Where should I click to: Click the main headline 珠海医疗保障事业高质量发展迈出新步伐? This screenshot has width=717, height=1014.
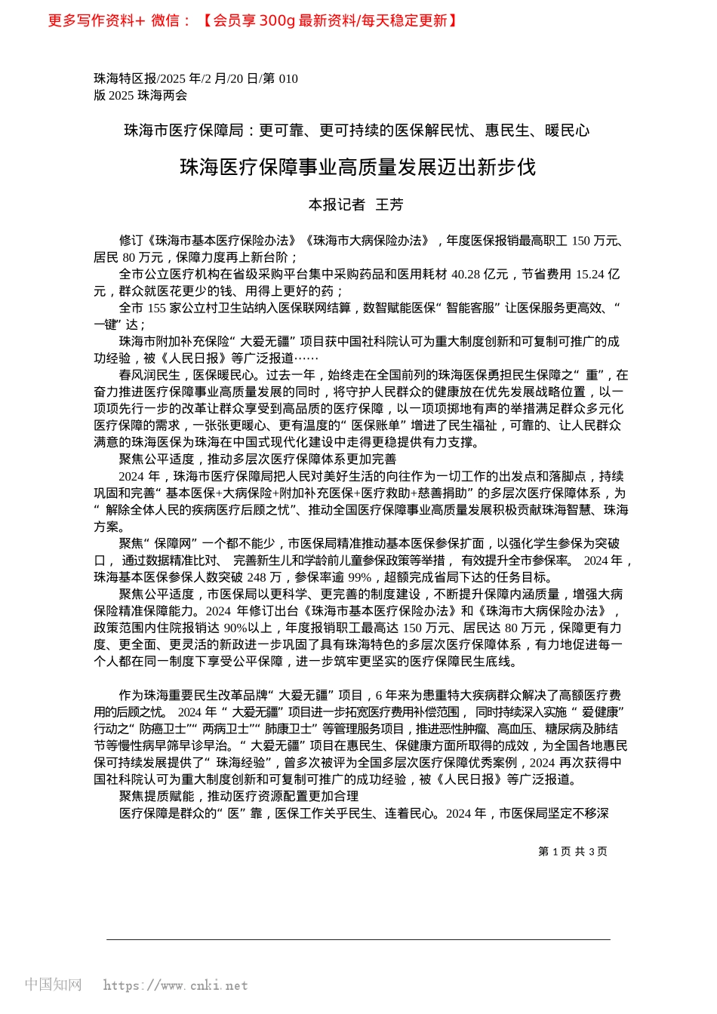coord(358,167)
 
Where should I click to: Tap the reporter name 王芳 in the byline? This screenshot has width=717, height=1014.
coord(389,204)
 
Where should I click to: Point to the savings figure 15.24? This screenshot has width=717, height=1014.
coord(589,274)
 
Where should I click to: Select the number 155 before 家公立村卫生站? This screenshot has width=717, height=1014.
coord(156,308)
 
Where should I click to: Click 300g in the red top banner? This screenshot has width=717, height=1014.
coord(277,20)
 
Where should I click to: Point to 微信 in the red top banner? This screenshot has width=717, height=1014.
coord(165,20)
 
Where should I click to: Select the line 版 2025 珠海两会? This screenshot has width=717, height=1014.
coord(140,95)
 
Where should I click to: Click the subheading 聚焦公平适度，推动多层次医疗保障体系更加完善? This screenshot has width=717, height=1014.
coord(257,459)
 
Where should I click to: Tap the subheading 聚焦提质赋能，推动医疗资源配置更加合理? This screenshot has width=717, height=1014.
coord(238,796)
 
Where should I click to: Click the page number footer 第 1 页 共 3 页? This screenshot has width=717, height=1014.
coord(572,851)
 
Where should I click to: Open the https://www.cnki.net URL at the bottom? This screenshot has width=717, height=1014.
coord(175,985)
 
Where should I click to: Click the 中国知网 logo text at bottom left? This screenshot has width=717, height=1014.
coord(53,985)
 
